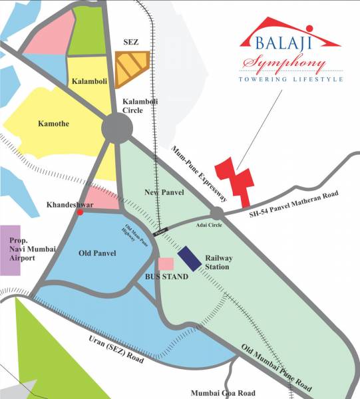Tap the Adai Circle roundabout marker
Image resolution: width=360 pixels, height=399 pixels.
click(217, 213)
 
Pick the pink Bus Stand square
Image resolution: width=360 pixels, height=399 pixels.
click(166, 264)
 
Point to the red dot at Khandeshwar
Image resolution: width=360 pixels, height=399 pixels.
click(81, 213)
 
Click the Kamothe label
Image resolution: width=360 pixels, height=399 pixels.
click(35, 124)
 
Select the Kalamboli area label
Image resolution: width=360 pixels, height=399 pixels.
click(89, 80)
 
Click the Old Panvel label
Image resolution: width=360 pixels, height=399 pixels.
click(97, 253)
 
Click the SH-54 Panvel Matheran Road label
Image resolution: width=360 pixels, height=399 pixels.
click(293, 204)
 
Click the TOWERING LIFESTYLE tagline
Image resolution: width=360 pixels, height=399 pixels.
click(291, 78)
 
